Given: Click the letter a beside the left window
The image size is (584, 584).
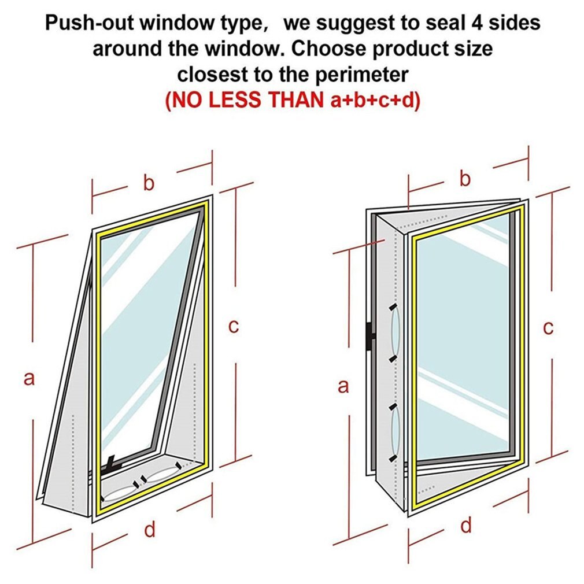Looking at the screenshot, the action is [29, 379].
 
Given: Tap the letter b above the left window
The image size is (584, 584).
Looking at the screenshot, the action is [149, 183].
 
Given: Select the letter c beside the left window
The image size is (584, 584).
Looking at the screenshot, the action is [234, 326].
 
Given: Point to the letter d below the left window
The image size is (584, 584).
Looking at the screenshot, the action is [150, 529].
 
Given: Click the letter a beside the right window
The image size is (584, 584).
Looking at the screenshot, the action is [343, 386].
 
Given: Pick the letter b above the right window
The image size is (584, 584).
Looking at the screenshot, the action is [465, 178].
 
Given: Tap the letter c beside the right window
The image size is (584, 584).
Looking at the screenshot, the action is [548, 328].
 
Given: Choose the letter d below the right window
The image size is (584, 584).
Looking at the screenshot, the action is [466, 525].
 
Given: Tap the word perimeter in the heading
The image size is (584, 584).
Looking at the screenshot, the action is [361, 75].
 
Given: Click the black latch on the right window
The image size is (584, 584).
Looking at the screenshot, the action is [371, 337].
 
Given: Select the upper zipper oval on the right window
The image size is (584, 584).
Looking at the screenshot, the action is [395, 333].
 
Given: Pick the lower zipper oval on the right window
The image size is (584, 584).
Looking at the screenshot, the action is [395, 433].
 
